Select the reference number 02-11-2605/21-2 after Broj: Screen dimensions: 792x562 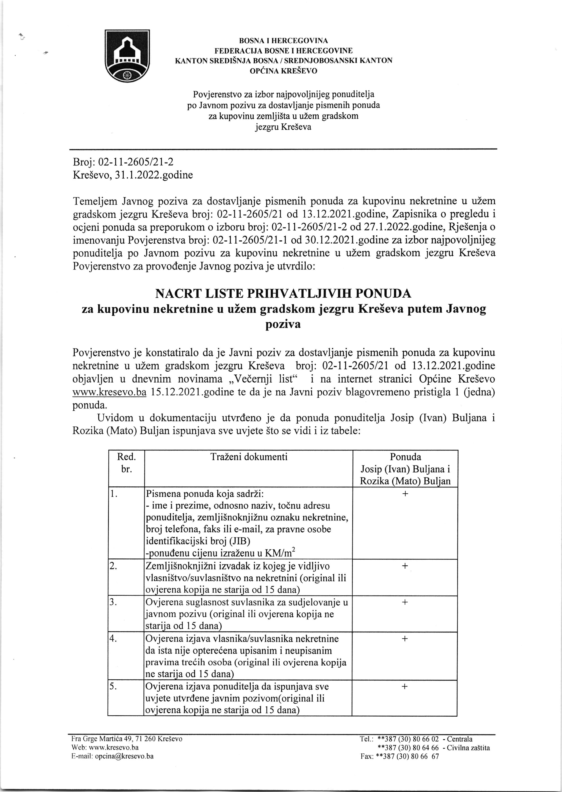pyautogui.click(x=136, y=162)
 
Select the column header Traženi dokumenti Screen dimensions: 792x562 pyautogui.click(x=249, y=457)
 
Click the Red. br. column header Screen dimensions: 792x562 pyautogui.click(x=126, y=463)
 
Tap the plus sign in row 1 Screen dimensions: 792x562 pyautogui.click(x=405, y=493)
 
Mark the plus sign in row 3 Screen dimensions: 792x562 pyautogui.click(x=405, y=602)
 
